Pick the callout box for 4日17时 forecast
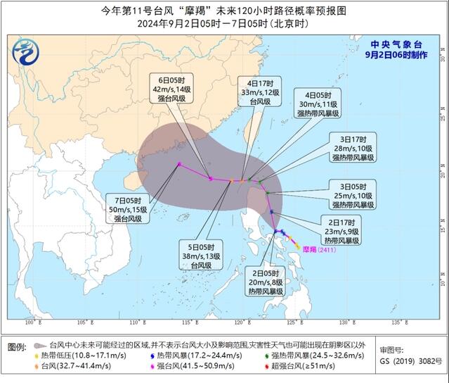pos(256,91)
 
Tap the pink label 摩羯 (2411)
pos(318,250)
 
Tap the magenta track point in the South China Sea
pos(180,165)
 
